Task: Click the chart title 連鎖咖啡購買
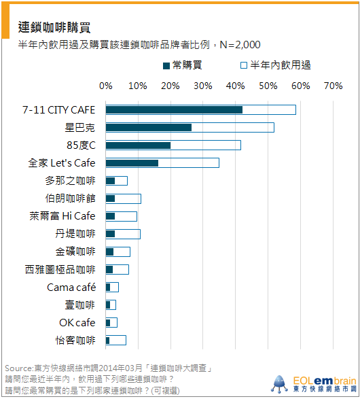tap(54, 27)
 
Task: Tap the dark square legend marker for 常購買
tap(166, 66)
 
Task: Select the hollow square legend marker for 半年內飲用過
tap(244, 65)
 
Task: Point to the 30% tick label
tap(202, 86)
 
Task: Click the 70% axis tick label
tap(333, 86)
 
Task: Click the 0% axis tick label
tap(106, 86)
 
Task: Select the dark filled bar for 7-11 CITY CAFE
tap(174, 110)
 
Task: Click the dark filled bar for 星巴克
tap(149, 128)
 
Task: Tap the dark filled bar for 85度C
tap(139, 145)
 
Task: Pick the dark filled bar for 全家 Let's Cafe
tap(132, 163)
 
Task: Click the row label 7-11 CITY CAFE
tap(58, 110)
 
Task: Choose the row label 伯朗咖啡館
tap(71, 198)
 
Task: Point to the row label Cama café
tap(71, 287)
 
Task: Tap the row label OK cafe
tap(77, 323)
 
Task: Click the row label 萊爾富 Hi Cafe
tap(62, 216)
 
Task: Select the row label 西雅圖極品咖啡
tap(60, 269)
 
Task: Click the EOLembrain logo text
tap(325, 381)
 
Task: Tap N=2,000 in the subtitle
tap(240, 45)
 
